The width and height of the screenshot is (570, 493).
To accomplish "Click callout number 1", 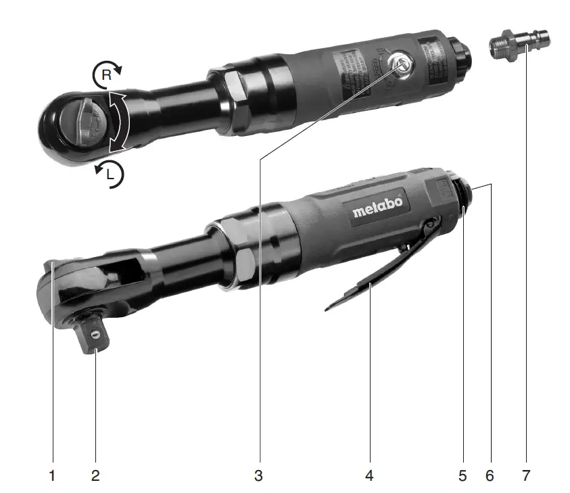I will [x=52, y=475].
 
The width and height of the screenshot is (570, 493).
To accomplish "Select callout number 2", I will [x=95, y=475].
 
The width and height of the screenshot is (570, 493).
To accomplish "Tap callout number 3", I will [x=258, y=475].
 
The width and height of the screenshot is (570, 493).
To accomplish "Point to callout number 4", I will [x=369, y=475].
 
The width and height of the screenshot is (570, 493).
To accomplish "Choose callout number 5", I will [x=462, y=475].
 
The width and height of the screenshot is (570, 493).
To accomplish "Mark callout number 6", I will [x=490, y=475].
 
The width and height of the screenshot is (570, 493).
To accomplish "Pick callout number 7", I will [x=526, y=475].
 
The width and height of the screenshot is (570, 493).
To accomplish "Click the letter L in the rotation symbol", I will [x=112, y=175].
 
